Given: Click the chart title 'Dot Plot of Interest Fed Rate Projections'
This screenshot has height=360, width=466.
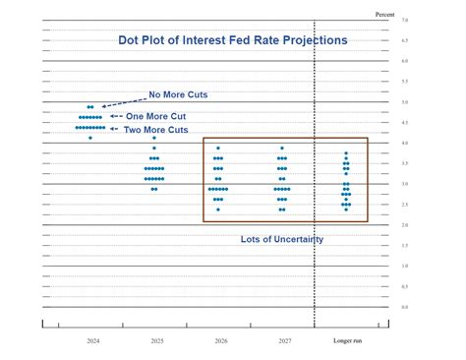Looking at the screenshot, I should (232, 40).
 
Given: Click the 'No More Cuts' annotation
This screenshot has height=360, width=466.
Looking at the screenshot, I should (178, 95).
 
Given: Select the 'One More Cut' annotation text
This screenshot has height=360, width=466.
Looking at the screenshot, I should (157, 115).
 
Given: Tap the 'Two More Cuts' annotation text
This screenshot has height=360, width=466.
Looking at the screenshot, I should (155, 129).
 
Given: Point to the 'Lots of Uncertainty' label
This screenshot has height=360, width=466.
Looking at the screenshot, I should (282, 239).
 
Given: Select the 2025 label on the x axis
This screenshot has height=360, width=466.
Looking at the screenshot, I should (155, 340).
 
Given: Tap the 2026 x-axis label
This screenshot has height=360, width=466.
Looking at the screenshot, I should (219, 340).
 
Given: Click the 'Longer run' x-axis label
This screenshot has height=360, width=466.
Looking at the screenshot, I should (347, 340).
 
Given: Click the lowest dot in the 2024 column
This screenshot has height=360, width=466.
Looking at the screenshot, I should (90, 138).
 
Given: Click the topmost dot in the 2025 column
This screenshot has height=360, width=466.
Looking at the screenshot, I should (154, 138).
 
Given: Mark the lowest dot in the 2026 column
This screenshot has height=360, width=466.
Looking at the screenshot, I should (218, 210).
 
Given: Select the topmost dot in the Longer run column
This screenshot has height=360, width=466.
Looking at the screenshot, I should (346, 152).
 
